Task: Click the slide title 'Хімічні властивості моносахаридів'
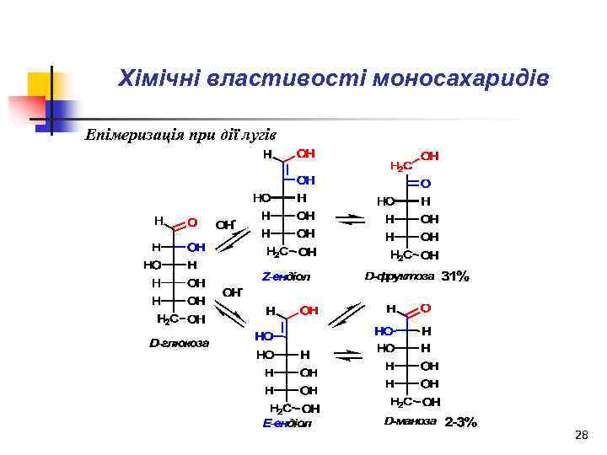tap(334, 79)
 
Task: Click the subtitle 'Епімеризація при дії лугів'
tap(180, 136)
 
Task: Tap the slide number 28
tap(580, 435)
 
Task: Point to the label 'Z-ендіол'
tap(287, 276)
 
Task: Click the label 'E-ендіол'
tap(287, 423)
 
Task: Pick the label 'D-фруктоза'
tap(400, 276)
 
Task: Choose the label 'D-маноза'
tap(411, 421)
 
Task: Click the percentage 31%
tap(455, 276)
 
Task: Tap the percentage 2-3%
tap(460, 422)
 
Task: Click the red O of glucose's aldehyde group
tap(192, 222)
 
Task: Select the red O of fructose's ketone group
tap(426, 183)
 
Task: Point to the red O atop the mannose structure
tap(425, 308)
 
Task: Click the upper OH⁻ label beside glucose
tap(226, 225)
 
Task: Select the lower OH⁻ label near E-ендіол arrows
tap(232, 292)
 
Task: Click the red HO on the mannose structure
tap(384, 331)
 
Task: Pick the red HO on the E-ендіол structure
tap(265, 335)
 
